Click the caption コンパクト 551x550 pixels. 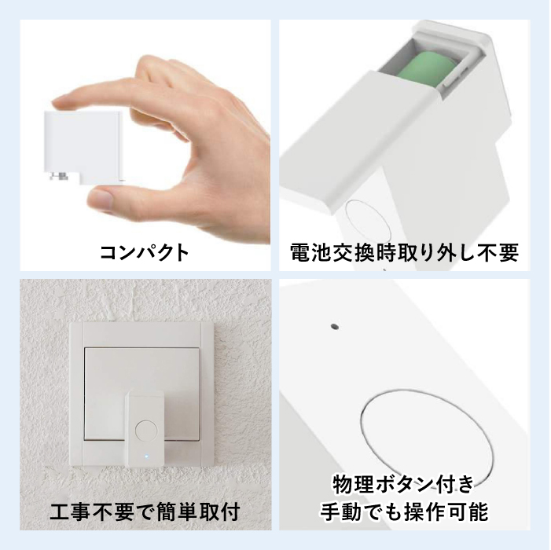pos(145,252)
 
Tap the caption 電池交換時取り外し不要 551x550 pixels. pos(404,252)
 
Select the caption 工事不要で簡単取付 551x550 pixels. pos(145,511)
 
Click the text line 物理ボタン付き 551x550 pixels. pos(404,484)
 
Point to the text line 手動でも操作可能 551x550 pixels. pos(404,511)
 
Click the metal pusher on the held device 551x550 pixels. pos(59,175)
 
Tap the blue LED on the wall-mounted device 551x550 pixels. pos(146,457)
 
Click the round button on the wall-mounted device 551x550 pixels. pos(146,431)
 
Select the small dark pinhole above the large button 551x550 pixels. pos(335,327)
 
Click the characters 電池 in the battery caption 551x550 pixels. pos(311,252)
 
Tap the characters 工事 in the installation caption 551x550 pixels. pos(71,511)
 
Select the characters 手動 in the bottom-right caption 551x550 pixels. pos(340,511)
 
